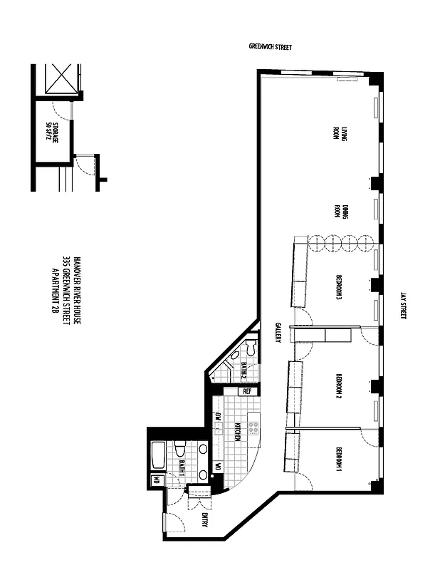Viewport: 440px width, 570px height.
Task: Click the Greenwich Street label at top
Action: (x=270, y=47)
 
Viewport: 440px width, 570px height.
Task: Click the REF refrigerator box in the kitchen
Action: (x=247, y=391)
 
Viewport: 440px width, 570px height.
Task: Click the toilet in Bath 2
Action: (x=249, y=349)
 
